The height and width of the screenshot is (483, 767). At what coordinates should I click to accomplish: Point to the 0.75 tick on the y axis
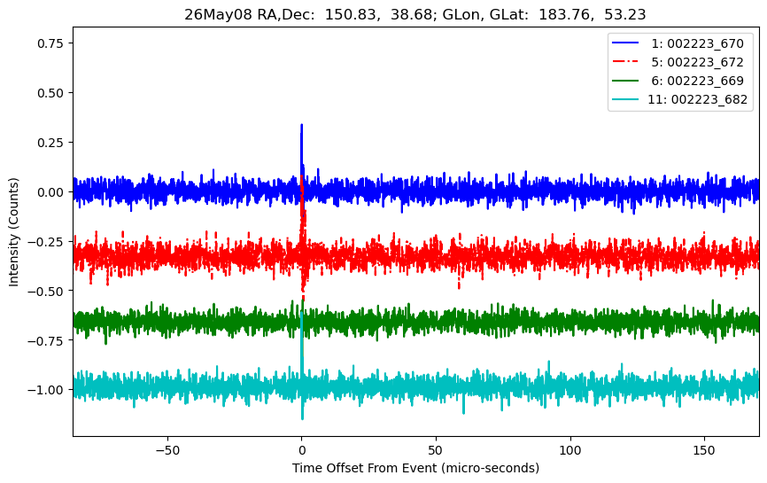(x=50, y=43)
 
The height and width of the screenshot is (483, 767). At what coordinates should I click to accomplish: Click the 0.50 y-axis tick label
(x=50, y=93)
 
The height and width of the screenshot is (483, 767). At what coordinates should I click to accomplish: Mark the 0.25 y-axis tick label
(x=50, y=143)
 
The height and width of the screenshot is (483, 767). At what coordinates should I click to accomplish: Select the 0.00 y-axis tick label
(x=50, y=191)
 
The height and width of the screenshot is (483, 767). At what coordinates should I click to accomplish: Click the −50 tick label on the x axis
(x=167, y=450)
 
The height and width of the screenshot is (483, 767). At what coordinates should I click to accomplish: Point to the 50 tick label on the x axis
(x=436, y=450)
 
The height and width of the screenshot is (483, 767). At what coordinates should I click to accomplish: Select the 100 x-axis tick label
(x=569, y=450)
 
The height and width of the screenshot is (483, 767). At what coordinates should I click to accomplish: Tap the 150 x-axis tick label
(x=704, y=450)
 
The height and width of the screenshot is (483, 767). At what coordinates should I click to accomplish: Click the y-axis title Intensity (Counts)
(x=13, y=232)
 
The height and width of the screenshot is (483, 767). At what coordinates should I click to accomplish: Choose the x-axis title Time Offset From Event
(x=364, y=468)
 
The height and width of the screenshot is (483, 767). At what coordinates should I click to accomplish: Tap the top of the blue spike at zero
(x=301, y=125)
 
